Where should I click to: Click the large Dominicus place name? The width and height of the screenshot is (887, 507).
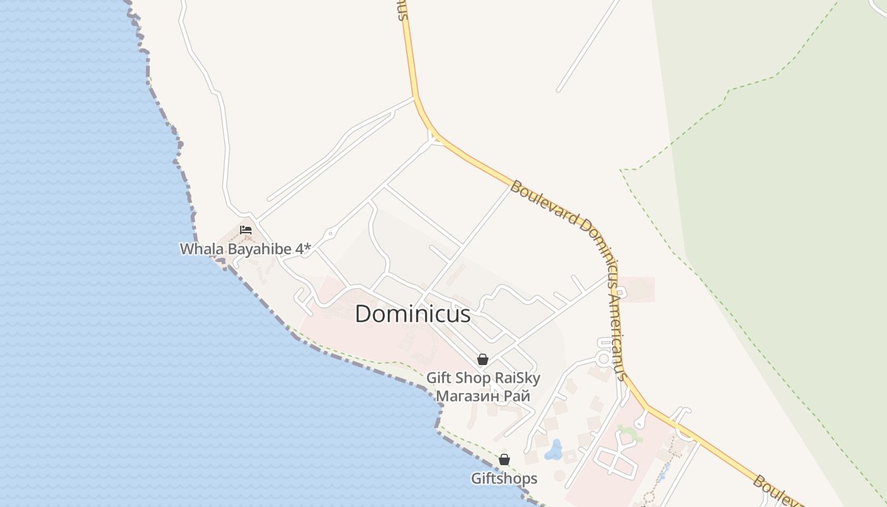(412, 314)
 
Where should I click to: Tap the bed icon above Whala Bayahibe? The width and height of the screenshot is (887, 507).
(246, 229)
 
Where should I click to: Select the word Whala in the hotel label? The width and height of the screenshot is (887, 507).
(202, 249)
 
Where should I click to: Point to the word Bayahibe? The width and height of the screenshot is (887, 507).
(260, 249)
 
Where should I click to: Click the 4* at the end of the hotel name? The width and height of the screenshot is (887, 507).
(303, 248)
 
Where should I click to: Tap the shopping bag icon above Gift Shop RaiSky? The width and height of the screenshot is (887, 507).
(483, 359)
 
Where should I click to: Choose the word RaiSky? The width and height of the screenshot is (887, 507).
(518, 379)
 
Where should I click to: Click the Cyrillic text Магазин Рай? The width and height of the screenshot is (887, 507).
(483, 397)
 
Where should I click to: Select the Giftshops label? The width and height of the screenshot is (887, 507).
(504, 478)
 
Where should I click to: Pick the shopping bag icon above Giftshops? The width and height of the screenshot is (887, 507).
(504, 459)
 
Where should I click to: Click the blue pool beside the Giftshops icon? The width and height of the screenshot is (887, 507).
(554, 450)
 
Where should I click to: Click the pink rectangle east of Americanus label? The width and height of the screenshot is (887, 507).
(637, 289)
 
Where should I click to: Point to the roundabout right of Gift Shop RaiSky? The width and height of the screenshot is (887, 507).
(603, 359)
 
